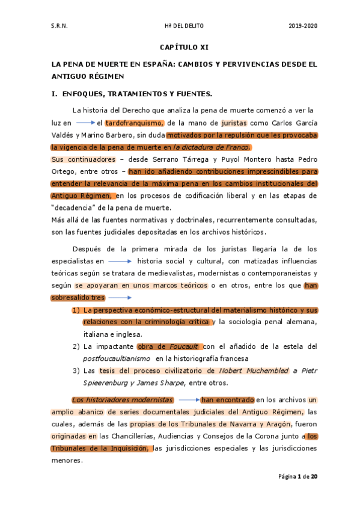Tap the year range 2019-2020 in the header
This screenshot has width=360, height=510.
coord(302,26)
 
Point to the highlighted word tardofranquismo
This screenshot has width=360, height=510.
coord(130,122)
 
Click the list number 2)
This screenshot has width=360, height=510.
coord(76,346)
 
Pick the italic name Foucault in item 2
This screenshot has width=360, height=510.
coord(184,346)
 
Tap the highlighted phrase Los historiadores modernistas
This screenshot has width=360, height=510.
coord(123,400)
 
